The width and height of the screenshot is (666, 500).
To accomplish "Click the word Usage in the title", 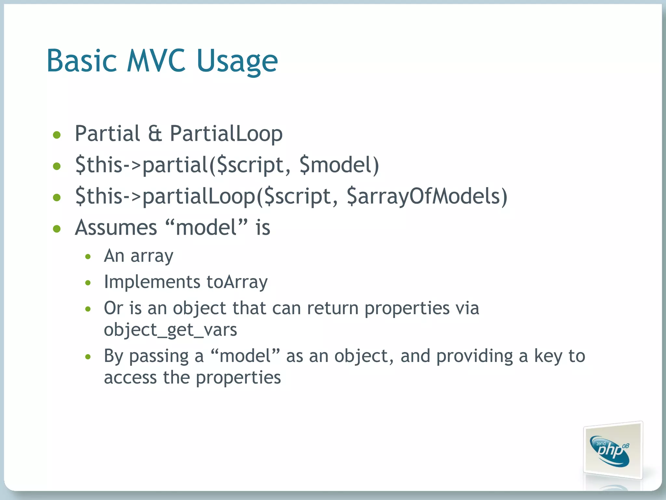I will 237,62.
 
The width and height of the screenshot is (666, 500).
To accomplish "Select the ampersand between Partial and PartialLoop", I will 155,133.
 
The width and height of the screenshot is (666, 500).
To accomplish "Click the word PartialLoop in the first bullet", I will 226,134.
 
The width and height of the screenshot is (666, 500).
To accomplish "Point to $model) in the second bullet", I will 339,165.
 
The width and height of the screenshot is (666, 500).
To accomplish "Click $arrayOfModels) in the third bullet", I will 427,196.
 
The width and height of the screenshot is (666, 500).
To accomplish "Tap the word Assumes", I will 116,228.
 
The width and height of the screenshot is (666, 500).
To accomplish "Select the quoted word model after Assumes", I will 206,228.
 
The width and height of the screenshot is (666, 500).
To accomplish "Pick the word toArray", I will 237,282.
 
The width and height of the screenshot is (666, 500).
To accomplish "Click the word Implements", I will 152,282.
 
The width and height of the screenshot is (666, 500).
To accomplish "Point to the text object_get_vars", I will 170,330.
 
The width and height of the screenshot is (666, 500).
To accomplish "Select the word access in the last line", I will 130,378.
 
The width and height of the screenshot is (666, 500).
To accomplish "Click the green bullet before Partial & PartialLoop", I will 57,135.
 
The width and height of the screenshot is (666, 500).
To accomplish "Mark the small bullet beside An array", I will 88,257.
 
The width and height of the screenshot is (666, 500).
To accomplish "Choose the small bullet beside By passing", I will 88,357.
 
